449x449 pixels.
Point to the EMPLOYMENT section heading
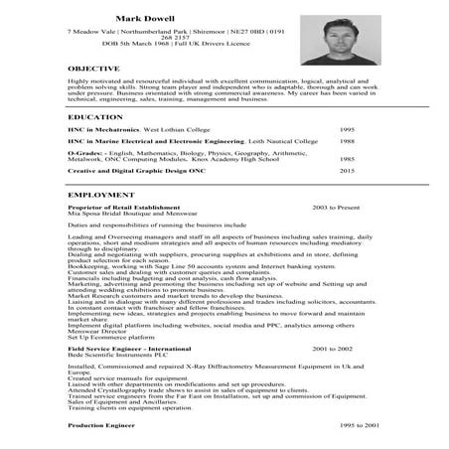pyautogui.click(x=100, y=195)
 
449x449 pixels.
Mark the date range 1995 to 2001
pyautogui.click(x=331, y=423)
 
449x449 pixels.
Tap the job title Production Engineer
pyautogui.click(x=100, y=423)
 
